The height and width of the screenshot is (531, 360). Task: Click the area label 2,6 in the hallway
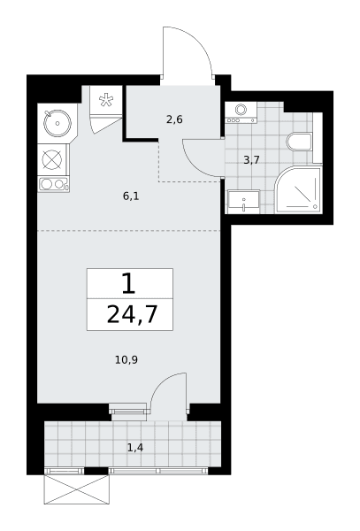174,119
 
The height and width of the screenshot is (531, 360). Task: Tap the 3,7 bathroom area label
252,160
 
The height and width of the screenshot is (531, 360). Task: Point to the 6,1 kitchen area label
131,196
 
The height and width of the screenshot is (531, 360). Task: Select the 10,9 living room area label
126,359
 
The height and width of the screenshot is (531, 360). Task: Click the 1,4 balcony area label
135,448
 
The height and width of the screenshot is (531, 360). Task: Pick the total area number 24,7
133,314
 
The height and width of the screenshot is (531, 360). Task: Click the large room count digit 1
129,284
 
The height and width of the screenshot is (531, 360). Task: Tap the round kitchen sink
57,123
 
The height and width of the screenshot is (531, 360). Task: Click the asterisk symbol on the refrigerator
106,101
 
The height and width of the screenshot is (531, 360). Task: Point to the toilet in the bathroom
299,142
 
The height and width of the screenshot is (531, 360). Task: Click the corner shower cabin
298,190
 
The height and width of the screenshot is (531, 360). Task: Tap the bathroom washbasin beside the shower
243,202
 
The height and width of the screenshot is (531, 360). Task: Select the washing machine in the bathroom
241,113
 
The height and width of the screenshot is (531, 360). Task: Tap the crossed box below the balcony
77,489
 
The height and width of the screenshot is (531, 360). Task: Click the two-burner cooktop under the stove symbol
54,185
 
